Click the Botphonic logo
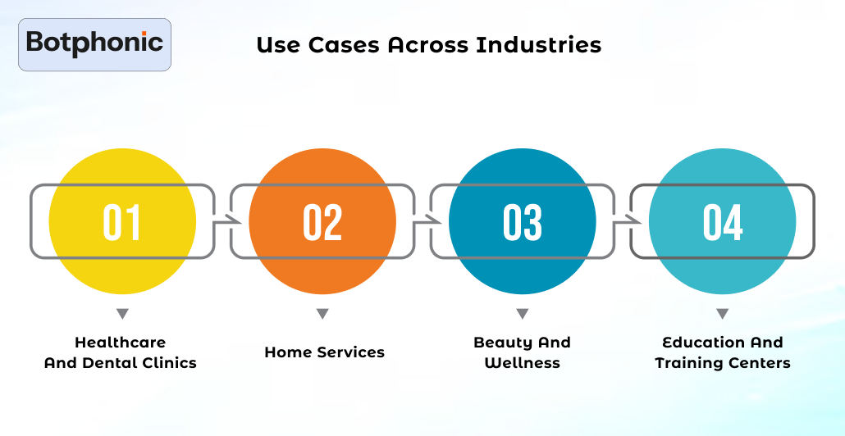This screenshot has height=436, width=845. point(94,44)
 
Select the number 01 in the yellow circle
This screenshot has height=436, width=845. point(122,222)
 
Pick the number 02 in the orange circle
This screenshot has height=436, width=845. point(322,222)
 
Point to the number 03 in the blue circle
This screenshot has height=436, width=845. point(523,222)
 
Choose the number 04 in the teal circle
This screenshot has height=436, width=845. point(723,222)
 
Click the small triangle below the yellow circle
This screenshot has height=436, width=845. point(122,314)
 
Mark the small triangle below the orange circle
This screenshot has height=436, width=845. point(322,314)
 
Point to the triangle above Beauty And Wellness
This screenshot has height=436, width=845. point(523,314)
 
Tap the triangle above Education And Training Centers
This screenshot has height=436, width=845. point(723,314)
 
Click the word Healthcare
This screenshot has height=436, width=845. point(120,343)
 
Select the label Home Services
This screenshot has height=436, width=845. point(324,352)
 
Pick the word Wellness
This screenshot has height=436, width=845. point(523,363)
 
